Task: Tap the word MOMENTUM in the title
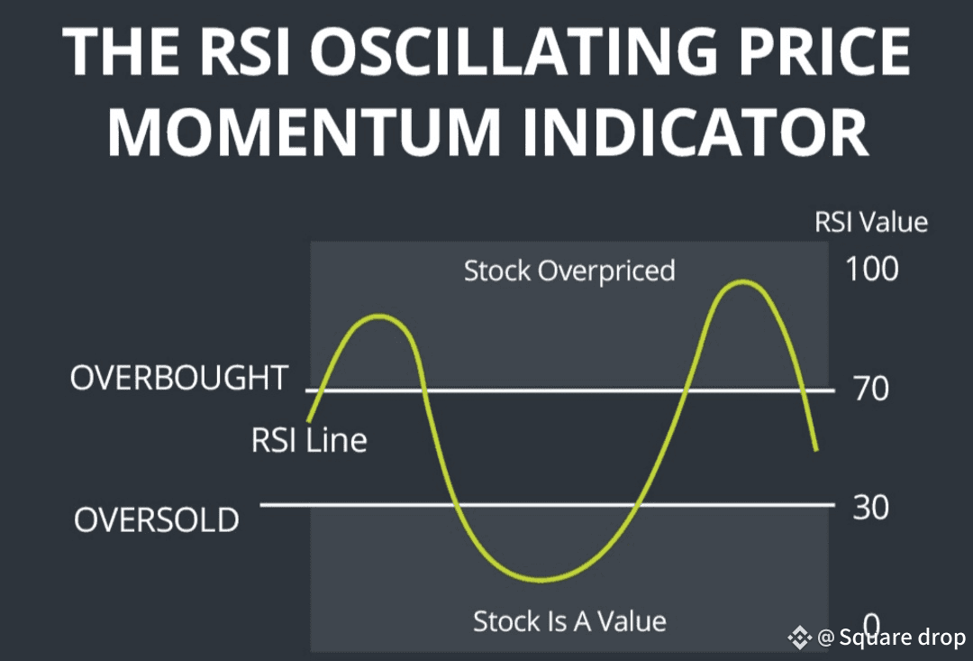click(304, 133)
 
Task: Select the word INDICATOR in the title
click(696, 133)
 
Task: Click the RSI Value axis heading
click(871, 222)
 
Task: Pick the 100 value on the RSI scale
click(872, 269)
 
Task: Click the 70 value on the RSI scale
click(871, 389)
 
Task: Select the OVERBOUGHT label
click(179, 378)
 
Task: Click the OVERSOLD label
click(157, 519)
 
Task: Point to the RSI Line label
click(309, 440)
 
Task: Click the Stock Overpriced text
click(569, 271)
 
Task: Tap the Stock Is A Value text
click(569, 621)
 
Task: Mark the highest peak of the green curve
click(742, 282)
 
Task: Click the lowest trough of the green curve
click(541, 580)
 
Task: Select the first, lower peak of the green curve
click(379, 317)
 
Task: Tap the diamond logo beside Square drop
click(799, 638)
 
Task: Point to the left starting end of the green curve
click(309, 420)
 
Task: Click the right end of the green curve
click(816, 449)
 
